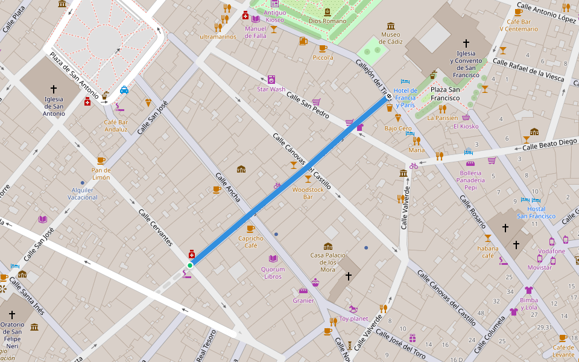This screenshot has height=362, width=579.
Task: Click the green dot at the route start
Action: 189,265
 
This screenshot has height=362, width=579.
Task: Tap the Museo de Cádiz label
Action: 390,38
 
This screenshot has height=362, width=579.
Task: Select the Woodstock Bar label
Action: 308,193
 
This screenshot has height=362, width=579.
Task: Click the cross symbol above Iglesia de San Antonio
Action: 54,88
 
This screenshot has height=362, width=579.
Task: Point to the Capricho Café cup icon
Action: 250,229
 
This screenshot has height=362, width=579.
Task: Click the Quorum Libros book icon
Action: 273,258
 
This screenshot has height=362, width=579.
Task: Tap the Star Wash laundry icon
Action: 271,79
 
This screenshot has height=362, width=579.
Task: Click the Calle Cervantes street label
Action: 156,227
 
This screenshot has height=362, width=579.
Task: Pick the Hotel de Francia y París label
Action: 405,97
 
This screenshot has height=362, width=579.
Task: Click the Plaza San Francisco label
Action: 445,94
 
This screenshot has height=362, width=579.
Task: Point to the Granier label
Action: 303,300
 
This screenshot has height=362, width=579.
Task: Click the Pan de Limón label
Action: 101,174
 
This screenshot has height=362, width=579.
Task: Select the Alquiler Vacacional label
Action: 83,194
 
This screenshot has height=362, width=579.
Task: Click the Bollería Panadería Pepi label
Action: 470,180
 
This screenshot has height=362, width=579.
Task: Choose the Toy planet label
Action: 353,319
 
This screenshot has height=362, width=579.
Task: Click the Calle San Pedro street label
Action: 308,104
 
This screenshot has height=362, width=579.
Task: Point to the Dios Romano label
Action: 327,21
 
